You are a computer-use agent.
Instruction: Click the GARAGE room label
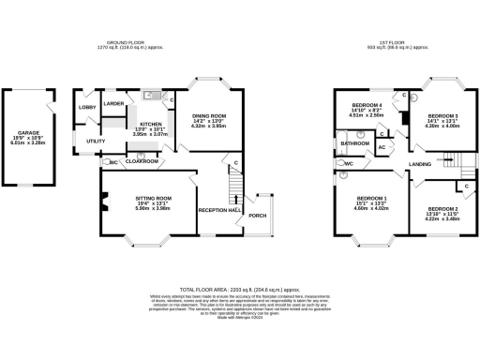[21, 133]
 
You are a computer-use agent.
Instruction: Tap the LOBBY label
[87, 108]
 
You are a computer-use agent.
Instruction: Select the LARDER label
[114, 103]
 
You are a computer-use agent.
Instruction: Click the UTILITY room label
[95, 141]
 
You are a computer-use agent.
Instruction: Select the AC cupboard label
[382, 148]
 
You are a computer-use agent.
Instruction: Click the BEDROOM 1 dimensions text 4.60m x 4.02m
[371, 209]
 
